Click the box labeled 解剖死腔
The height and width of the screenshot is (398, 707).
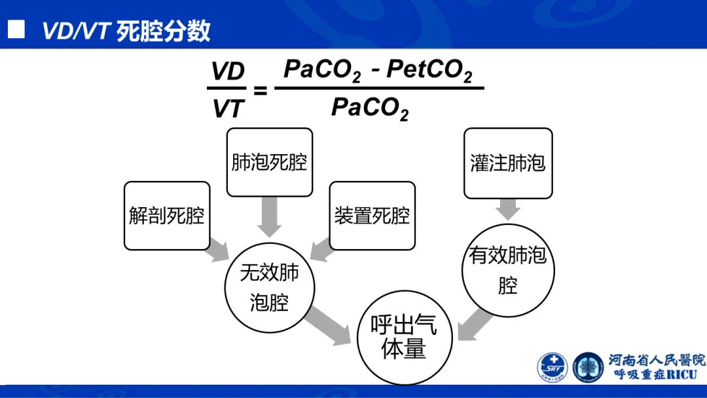click(x=167, y=216)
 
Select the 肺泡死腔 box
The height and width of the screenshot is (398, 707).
click(x=269, y=162)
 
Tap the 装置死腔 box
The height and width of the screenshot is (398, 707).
click(x=372, y=216)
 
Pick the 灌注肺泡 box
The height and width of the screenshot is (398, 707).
click(x=508, y=163)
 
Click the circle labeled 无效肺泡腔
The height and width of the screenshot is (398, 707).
click(x=269, y=287)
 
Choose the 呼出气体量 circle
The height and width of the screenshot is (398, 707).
click(x=403, y=338)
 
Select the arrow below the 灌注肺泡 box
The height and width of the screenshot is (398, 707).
click(x=508, y=209)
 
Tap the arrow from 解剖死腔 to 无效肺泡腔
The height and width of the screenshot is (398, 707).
click(x=217, y=251)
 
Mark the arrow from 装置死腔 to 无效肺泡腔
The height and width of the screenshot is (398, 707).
click(x=321, y=251)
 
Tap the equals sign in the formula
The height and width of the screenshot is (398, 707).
click(x=260, y=90)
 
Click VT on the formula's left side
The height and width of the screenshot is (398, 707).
click(x=228, y=109)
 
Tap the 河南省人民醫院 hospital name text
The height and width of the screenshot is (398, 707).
click(x=657, y=360)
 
